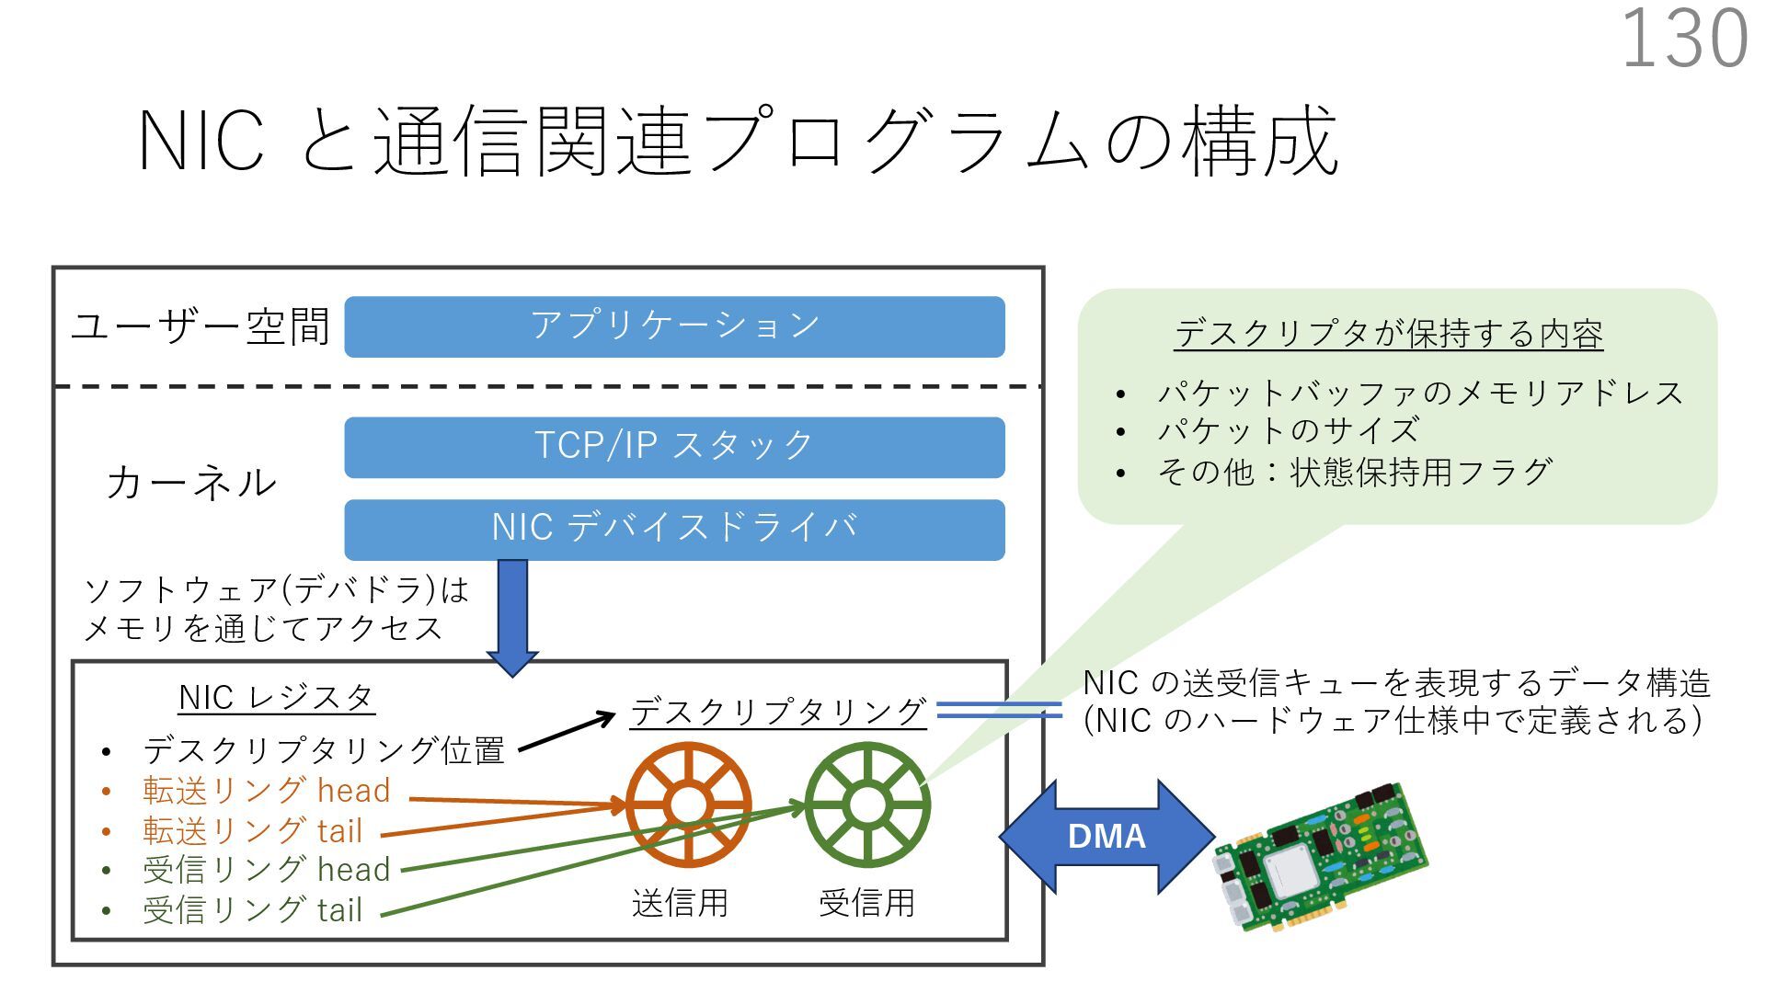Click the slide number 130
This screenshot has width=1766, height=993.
click(1684, 39)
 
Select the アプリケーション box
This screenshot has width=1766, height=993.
click(674, 326)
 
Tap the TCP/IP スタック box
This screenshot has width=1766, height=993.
click(674, 447)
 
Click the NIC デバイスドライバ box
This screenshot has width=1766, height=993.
click(674, 529)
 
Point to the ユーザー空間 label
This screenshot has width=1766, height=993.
click(201, 326)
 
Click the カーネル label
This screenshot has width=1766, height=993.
click(191, 483)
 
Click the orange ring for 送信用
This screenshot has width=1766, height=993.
click(688, 805)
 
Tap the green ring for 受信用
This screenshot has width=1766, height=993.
click(866, 805)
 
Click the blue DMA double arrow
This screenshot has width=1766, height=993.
click(1107, 836)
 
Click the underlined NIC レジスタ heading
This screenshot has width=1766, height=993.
click(276, 698)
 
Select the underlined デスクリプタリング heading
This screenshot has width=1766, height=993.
click(778, 713)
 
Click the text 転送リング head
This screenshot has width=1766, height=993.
click(267, 791)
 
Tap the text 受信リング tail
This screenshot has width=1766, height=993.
click(253, 910)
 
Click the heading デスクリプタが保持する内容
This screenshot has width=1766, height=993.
click(1388, 334)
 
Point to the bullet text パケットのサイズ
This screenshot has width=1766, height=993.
click(1288, 430)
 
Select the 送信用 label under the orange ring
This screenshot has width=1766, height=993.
click(680, 903)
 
